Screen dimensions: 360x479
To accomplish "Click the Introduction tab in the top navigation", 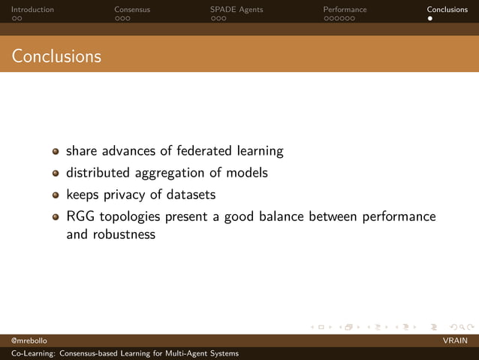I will pos(32,10).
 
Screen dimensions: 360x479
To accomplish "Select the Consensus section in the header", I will pos(132,10).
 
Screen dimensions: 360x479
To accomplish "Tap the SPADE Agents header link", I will pos(236,10).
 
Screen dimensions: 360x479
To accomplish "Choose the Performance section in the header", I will pos(345,10).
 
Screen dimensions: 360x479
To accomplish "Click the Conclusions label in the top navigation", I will pos(447,10).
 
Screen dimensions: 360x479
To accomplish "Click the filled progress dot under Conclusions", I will pos(430,18).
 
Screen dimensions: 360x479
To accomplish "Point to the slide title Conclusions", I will pos(56,56).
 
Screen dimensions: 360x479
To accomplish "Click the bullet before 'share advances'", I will pos(56,152).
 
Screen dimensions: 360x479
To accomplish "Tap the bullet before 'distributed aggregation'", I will pos(56,174).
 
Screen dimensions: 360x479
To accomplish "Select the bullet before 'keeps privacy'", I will pos(56,195).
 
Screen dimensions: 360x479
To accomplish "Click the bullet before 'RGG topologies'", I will pos(56,217).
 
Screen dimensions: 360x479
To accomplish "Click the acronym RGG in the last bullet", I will pos(80,216).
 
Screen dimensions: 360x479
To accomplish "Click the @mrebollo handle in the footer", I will pos(29,341).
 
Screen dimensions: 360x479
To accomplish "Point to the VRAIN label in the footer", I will pos(455,341).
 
